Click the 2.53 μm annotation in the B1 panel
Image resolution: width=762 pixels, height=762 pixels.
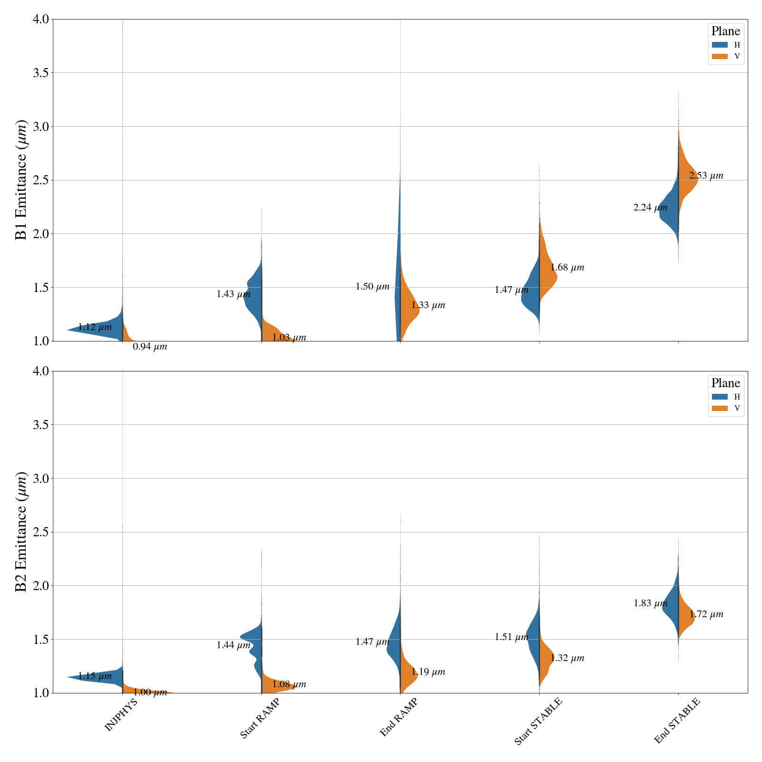pyautogui.click(x=706, y=176)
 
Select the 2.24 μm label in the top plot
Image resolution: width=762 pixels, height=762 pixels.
pyautogui.click(x=650, y=208)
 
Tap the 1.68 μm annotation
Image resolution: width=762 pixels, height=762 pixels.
pyautogui.click(x=567, y=268)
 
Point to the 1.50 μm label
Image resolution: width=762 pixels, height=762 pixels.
pyautogui.click(x=372, y=287)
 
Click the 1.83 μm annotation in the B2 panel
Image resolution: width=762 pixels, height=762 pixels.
pyautogui.click(x=650, y=603)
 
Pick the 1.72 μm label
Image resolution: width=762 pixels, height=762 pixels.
pyautogui.click(x=706, y=614)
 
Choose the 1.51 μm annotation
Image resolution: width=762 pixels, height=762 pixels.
pyautogui.click(x=511, y=637)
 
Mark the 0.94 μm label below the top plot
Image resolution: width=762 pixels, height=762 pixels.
pyautogui.click(x=150, y=347)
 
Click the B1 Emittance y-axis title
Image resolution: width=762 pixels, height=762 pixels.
pyautogui.click(x=21, y=180)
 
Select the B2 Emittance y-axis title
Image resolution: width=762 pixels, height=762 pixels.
pyautogui.click(x=21, y=532)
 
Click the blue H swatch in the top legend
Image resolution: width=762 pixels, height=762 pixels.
pyautogui.click(x=720, y=45)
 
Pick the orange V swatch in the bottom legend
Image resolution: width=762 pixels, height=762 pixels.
pyautogui.click(x=720, y=408)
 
